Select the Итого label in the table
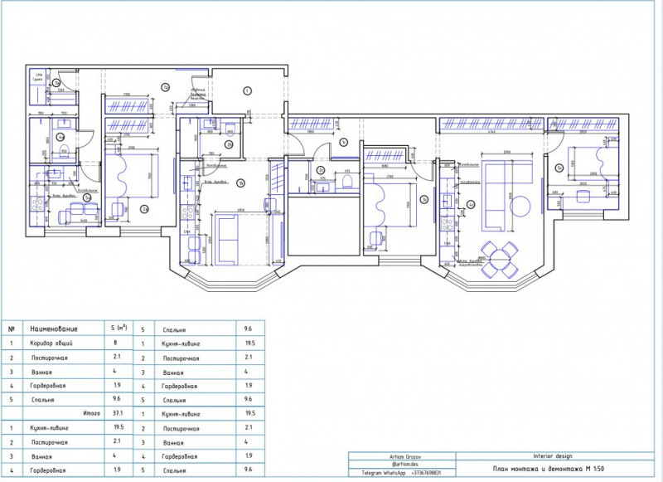[91, 412]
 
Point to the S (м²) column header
[120, 329]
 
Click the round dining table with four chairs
[499, 256]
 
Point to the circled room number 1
[247, 90]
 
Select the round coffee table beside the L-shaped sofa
[522, 205]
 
